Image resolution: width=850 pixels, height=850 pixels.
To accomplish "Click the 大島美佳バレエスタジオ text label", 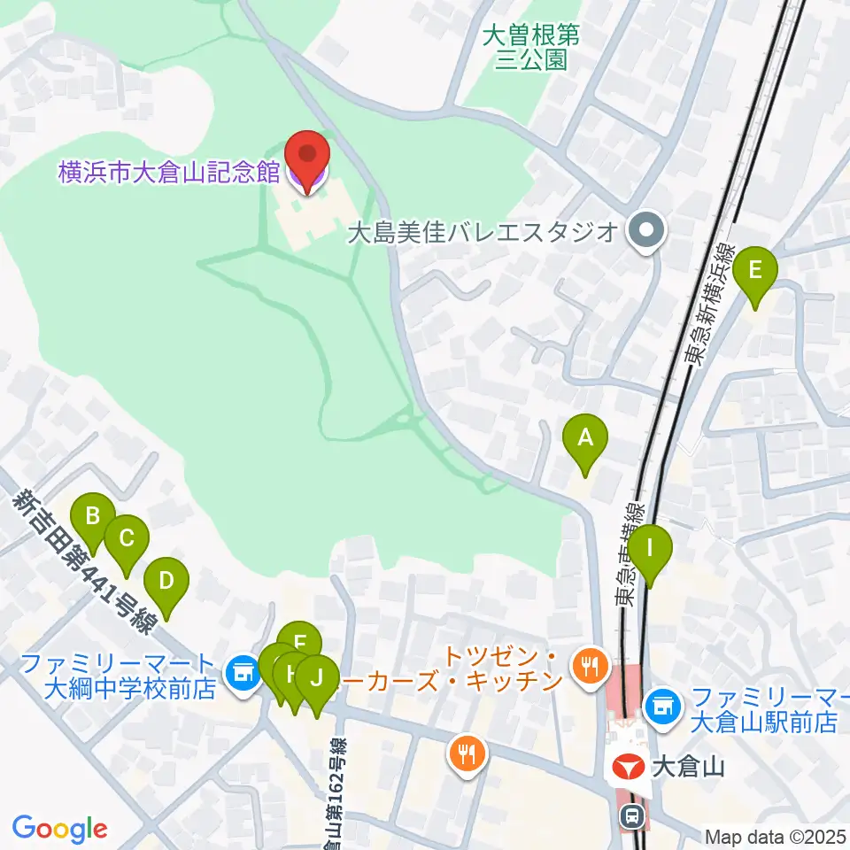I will pos(482,232).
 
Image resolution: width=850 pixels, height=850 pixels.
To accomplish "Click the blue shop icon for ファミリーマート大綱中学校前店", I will pos(241,675).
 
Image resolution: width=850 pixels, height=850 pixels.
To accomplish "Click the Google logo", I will pos(60,830).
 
